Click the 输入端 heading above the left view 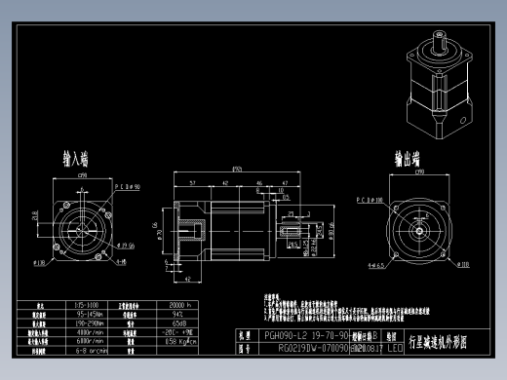[x=75, y=158]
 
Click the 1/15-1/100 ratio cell [x=86, y=305]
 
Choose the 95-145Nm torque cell [x=86, y=314]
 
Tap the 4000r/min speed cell [x=86, y=331]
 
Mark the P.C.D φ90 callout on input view [x=128, y=184]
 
